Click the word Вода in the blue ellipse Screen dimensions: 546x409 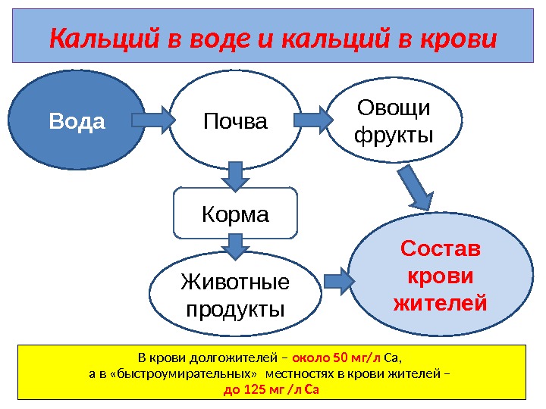(77, 121)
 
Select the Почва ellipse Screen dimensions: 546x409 (235, 121)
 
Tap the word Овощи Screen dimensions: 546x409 (394, 110)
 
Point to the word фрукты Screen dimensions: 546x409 (394, 136)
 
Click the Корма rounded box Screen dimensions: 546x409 (235, 214)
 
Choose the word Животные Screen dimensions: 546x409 (235, 283)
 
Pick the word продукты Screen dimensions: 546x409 (235, 310)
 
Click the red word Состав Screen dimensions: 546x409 (440, 249)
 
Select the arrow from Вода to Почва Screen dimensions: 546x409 (152, 119)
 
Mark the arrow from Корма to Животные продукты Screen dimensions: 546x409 (235, 246)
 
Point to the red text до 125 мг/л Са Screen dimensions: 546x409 (271, 391)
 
